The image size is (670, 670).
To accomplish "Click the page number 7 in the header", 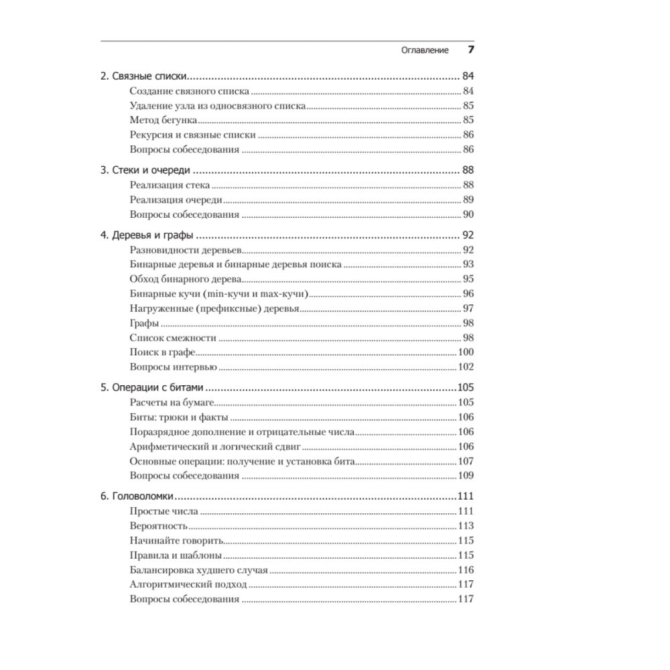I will [470, 51].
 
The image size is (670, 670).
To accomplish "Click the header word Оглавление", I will [425, 52].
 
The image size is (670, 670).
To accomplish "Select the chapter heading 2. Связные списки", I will [143, 76].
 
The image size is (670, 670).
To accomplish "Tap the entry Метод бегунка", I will [163, 120].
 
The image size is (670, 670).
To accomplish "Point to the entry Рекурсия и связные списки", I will [193, 135].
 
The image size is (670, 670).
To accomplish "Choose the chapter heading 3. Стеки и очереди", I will [145, 170].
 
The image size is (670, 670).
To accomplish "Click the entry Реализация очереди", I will [176, 200].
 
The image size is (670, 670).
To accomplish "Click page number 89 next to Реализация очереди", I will [468, 200].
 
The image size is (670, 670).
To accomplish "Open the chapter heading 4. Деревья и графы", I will [147, 235].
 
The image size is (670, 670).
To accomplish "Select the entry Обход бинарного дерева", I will [186, 279].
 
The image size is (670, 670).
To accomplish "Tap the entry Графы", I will [144, 323].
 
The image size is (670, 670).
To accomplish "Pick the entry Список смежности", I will [173, 338].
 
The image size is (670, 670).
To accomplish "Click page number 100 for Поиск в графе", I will [466, 352].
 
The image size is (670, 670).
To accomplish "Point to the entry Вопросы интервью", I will [173, 366].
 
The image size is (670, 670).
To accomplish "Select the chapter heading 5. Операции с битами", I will [152, 387].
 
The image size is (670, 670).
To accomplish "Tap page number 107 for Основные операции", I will [466, 461].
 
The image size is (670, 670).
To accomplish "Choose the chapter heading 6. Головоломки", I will [137, 496].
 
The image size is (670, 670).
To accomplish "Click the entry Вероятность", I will [159, 526].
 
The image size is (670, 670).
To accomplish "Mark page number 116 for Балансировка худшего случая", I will [466, 570].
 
